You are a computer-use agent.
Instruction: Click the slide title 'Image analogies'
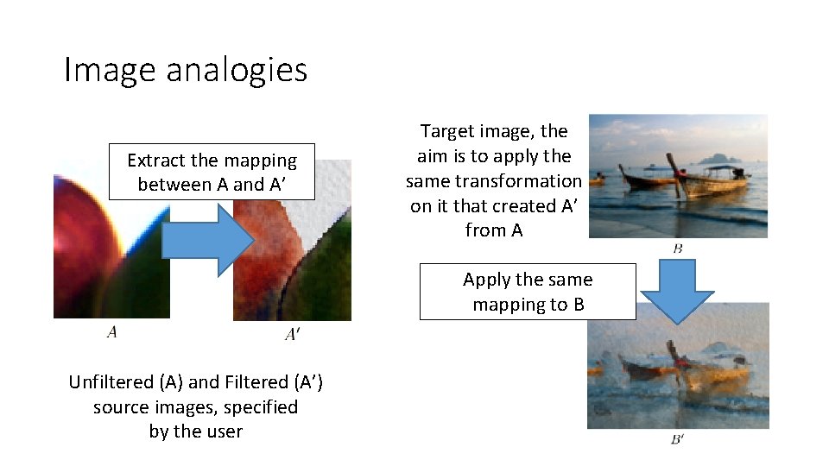[185, 69]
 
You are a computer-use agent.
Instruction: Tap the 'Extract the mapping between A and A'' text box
[212, 172]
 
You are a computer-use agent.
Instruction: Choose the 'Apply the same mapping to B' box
[528, 292]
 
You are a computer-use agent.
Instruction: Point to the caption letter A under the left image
[111, 331]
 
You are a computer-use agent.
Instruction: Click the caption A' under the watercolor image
[292, 334]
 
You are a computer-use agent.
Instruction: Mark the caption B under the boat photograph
[678, 249]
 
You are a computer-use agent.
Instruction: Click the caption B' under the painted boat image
[678, 439]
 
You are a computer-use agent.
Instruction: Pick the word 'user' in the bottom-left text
[223, 431]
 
